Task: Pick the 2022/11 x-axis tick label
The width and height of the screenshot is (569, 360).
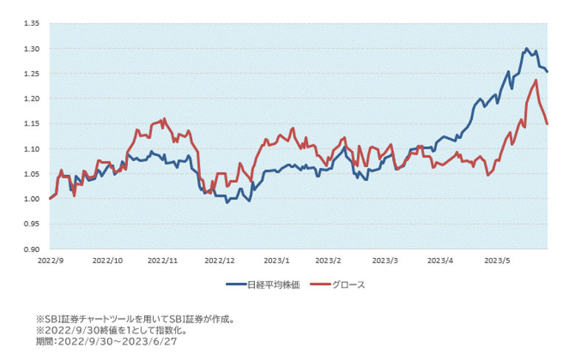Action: pos(163,260)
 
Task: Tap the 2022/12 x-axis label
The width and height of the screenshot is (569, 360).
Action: pos(219,260)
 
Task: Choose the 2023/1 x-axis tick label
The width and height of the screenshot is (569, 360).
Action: pos(276,260)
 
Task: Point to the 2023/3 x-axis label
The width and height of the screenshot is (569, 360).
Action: pos(385,260)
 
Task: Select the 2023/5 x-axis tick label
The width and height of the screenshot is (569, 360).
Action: pos(497,260)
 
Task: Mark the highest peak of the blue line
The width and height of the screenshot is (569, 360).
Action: pos(526,49)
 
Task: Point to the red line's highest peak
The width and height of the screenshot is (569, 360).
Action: pos(535,80)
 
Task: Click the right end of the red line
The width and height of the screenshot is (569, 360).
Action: pos(547,123)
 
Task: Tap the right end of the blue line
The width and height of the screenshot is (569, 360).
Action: pos(547,72)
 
